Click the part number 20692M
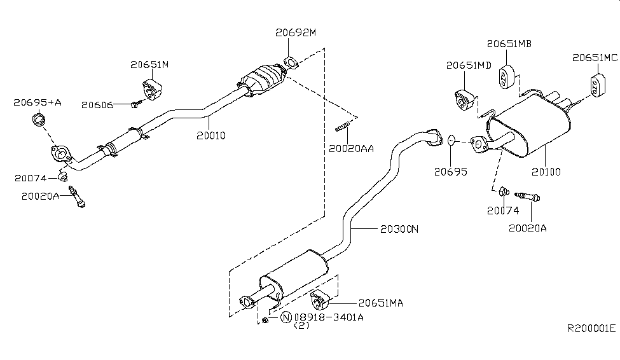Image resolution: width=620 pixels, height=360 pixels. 296,32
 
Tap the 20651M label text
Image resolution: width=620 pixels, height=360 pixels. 149,64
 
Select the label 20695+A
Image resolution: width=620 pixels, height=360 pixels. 38,102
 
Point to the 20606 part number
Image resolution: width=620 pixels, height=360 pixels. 97,105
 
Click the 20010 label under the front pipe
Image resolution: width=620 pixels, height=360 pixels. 211,135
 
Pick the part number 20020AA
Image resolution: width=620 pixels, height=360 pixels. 351,149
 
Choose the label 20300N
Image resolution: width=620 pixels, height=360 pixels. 399,229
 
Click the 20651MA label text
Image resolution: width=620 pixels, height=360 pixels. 381,303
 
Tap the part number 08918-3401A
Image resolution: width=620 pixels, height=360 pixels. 329,317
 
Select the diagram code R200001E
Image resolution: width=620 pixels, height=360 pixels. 591,328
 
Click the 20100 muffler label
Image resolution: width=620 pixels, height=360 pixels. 546,172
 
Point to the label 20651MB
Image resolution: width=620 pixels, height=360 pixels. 509,43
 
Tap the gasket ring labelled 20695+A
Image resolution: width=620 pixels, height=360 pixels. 39,119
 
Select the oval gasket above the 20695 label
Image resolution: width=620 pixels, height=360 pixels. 451,140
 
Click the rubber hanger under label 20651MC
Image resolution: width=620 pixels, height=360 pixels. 596,85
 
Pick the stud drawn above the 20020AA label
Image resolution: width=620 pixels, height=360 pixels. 343,127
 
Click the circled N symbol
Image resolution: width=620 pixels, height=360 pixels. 286,317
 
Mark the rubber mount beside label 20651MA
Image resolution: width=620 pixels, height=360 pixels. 319,300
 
